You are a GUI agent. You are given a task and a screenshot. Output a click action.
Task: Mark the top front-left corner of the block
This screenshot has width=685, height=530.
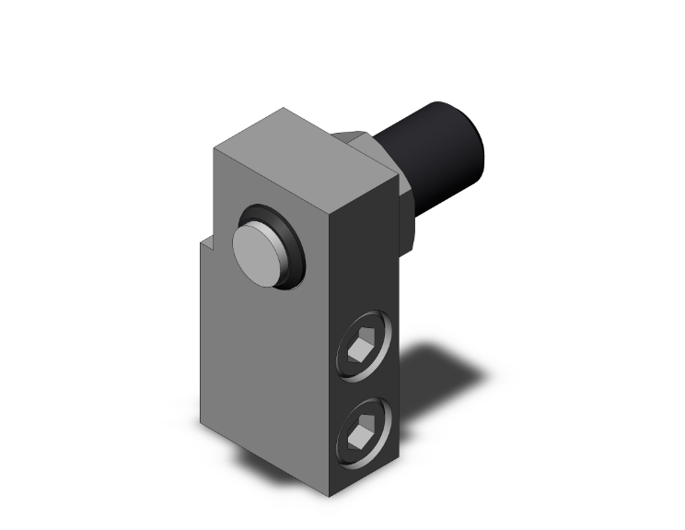(215, 148)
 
